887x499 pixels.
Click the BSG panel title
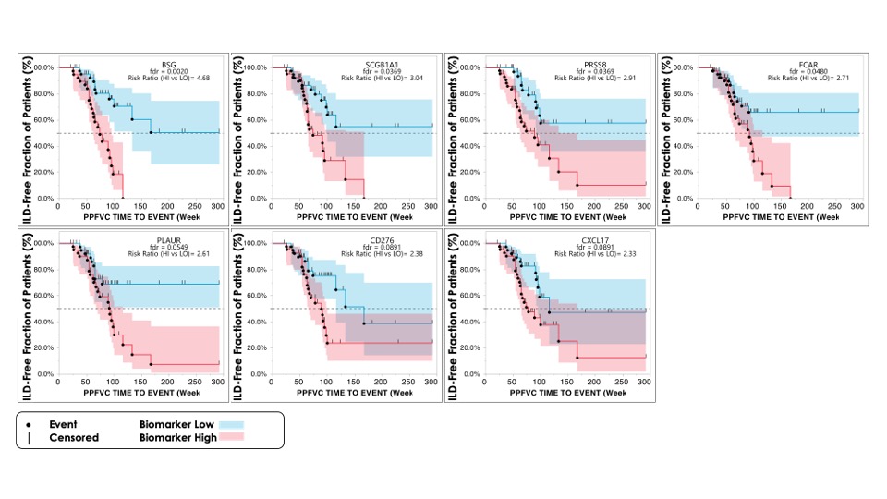click(x=168, y=64)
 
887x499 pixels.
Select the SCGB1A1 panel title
click(x=382, y=64)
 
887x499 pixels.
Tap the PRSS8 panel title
click(x=595, y=64)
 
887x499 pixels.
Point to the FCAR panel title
click(x=808, y=64)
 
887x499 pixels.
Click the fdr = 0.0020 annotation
click(x=167, y=71)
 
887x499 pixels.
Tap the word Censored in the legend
click(x=74, y=437)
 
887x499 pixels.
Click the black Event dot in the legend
click(x=30, y=423)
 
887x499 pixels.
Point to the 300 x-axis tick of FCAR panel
click(x=858, y=206)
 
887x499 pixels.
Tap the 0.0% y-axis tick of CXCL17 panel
click(x=474, y=374)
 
